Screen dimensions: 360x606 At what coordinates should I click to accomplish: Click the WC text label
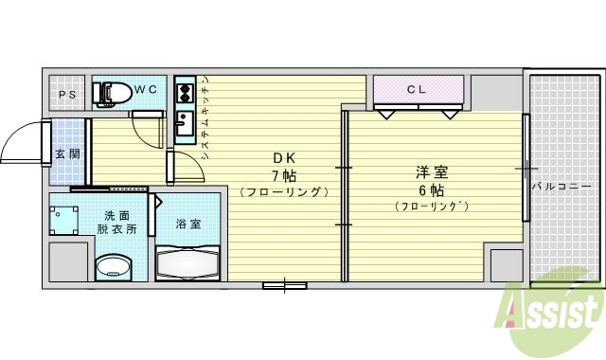pyautogui.click(x=146, y=89)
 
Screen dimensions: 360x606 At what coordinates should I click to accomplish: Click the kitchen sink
pyautogui.click(x=184, y=123)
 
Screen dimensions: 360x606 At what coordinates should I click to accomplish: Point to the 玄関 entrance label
pyautogui.click(x=66, y=153)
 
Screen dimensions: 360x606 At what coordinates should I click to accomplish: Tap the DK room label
pyautogui.click(x=284, y=157)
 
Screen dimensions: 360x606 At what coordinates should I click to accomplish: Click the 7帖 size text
pyautogui.click(x=284, y=174)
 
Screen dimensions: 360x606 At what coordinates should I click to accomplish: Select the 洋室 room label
pyautogui.click(x=432, y=172)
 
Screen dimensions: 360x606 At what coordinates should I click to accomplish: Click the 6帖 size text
pyautogui.click(x=432, y=189)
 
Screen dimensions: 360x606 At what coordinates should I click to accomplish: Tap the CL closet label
pyautogui.click(x=417, y=90)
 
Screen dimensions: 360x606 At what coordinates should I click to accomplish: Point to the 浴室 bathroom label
pyautogui.click(x=187, y=225)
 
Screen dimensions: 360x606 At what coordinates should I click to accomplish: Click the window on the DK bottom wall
pyautogui.click(x=284, y=284)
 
